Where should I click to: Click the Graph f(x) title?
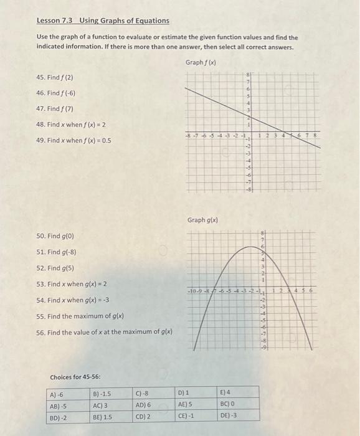pos(201,62)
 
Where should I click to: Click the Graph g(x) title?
pos(202,220)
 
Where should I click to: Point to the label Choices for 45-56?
pos(75,377)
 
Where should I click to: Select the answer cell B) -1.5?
pos(102,394)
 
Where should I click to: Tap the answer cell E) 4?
pos(226,394)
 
